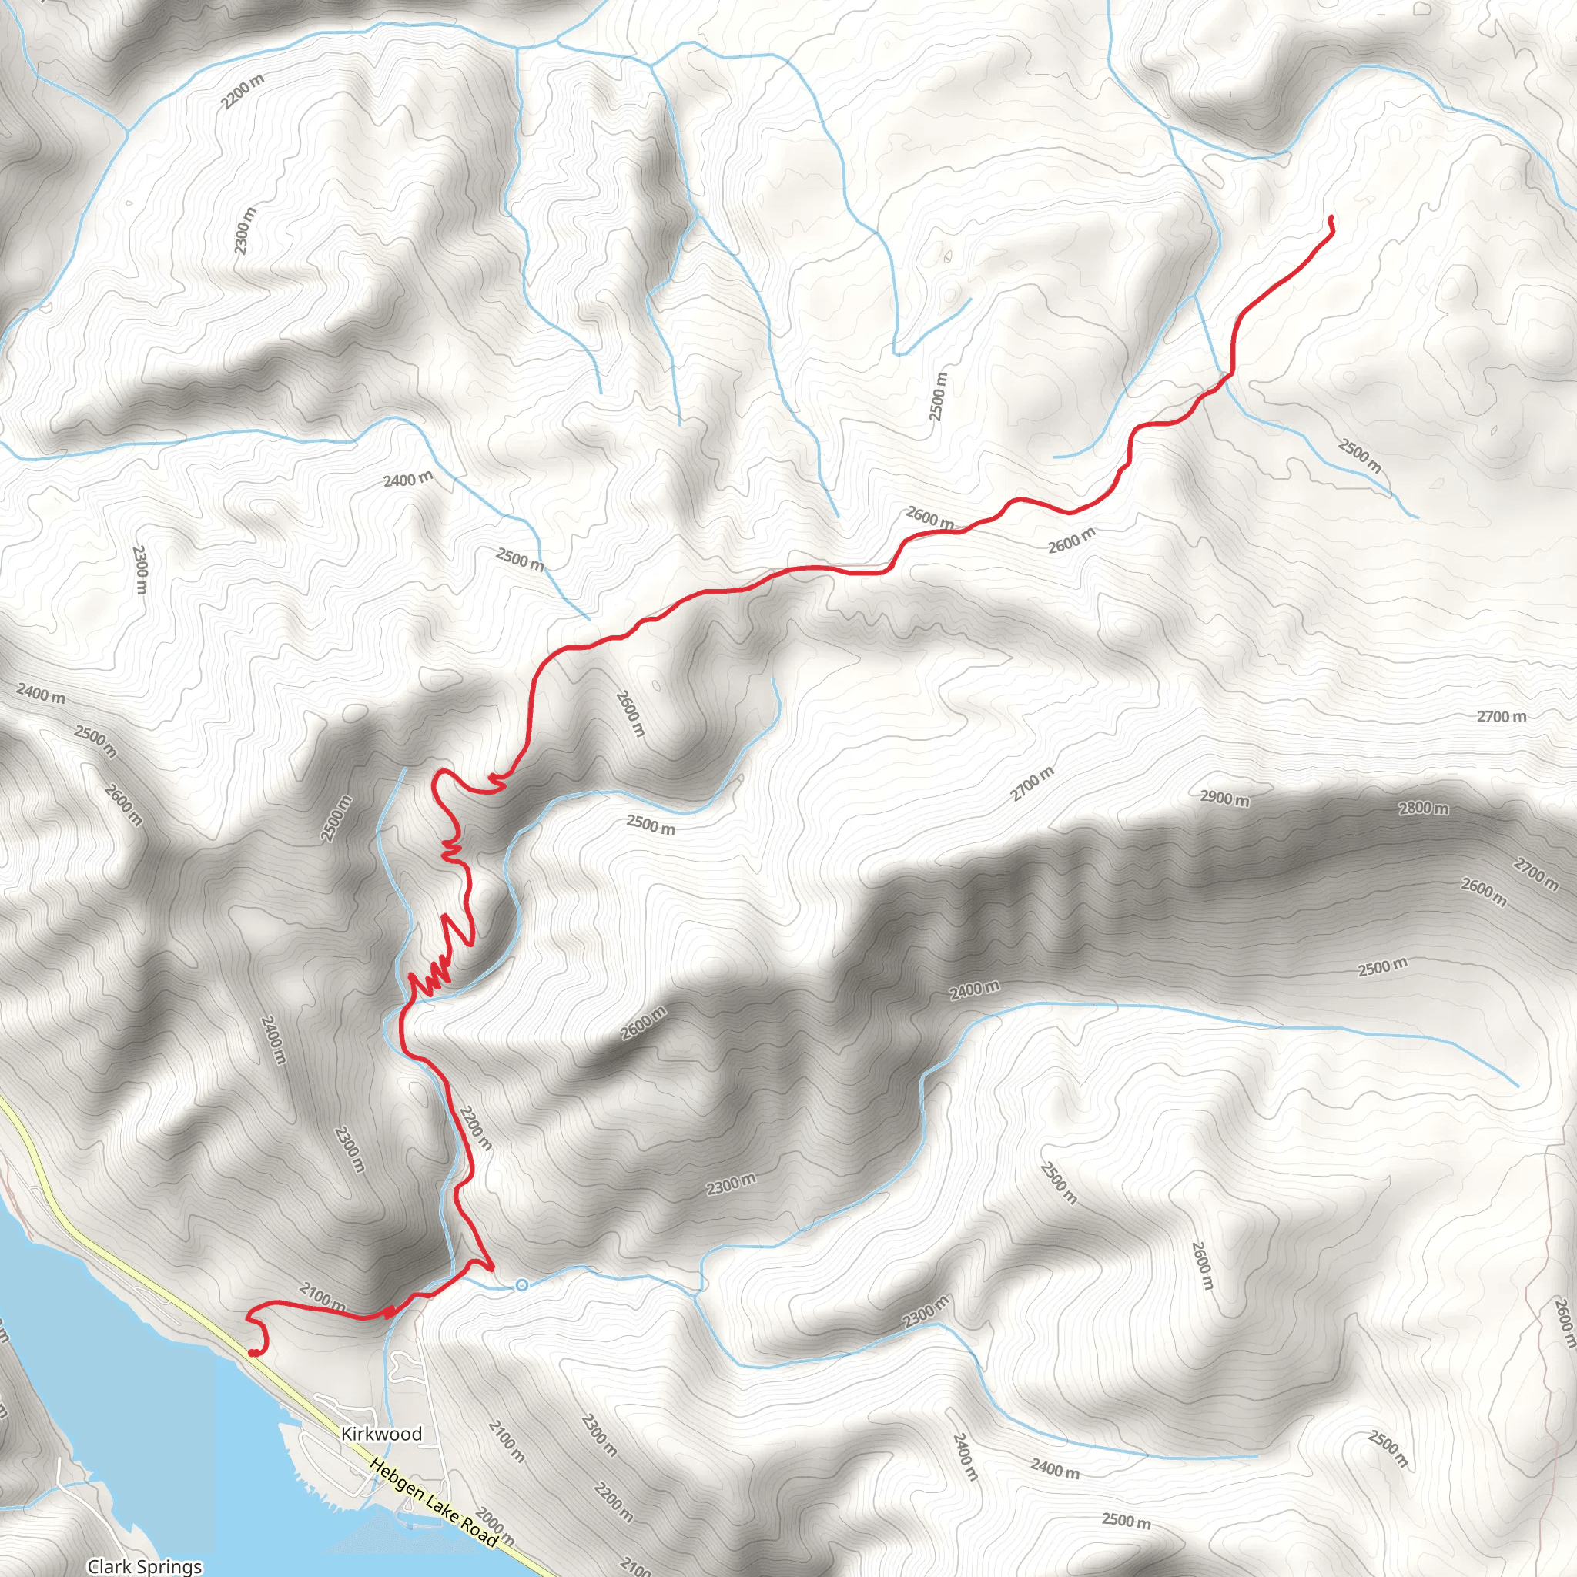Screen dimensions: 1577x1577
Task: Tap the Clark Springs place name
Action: coord(145,1566)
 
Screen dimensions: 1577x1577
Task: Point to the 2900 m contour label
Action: coord(1224,798)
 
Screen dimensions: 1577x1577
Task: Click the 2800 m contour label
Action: coord(1424,808)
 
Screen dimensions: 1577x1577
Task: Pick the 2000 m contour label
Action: coord(494,1525)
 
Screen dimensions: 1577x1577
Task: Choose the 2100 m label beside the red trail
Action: coord(323,1297)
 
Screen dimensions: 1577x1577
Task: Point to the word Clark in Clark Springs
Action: coord(106,1566)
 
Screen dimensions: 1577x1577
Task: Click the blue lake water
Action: coord(98,1388)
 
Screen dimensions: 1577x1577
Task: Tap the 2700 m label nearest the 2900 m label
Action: coord(1033,784)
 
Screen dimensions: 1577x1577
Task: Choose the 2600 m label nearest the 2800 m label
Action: coord(1483,892)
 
